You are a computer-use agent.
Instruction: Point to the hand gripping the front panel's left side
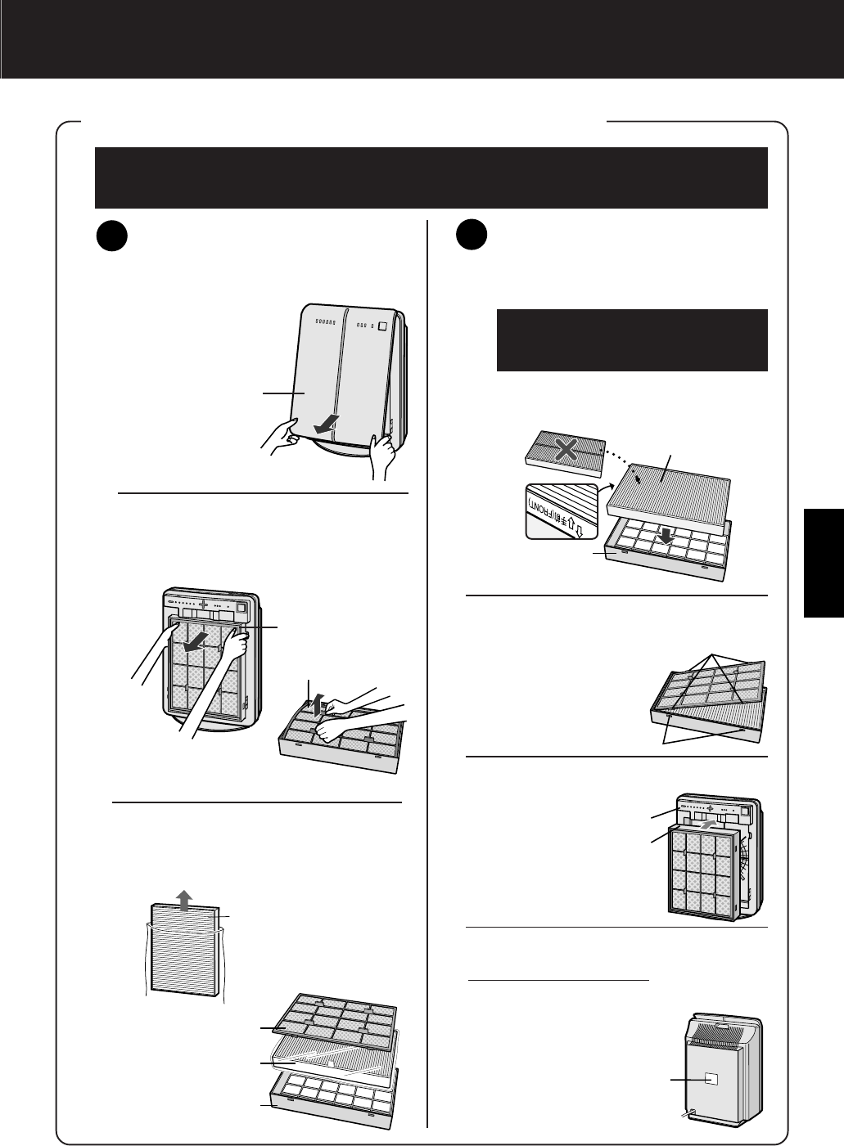[281, 434]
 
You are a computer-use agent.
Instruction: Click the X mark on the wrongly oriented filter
[564, 449]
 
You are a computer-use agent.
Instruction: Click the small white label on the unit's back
[710, 1079]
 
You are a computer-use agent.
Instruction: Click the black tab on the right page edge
[824, 562]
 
